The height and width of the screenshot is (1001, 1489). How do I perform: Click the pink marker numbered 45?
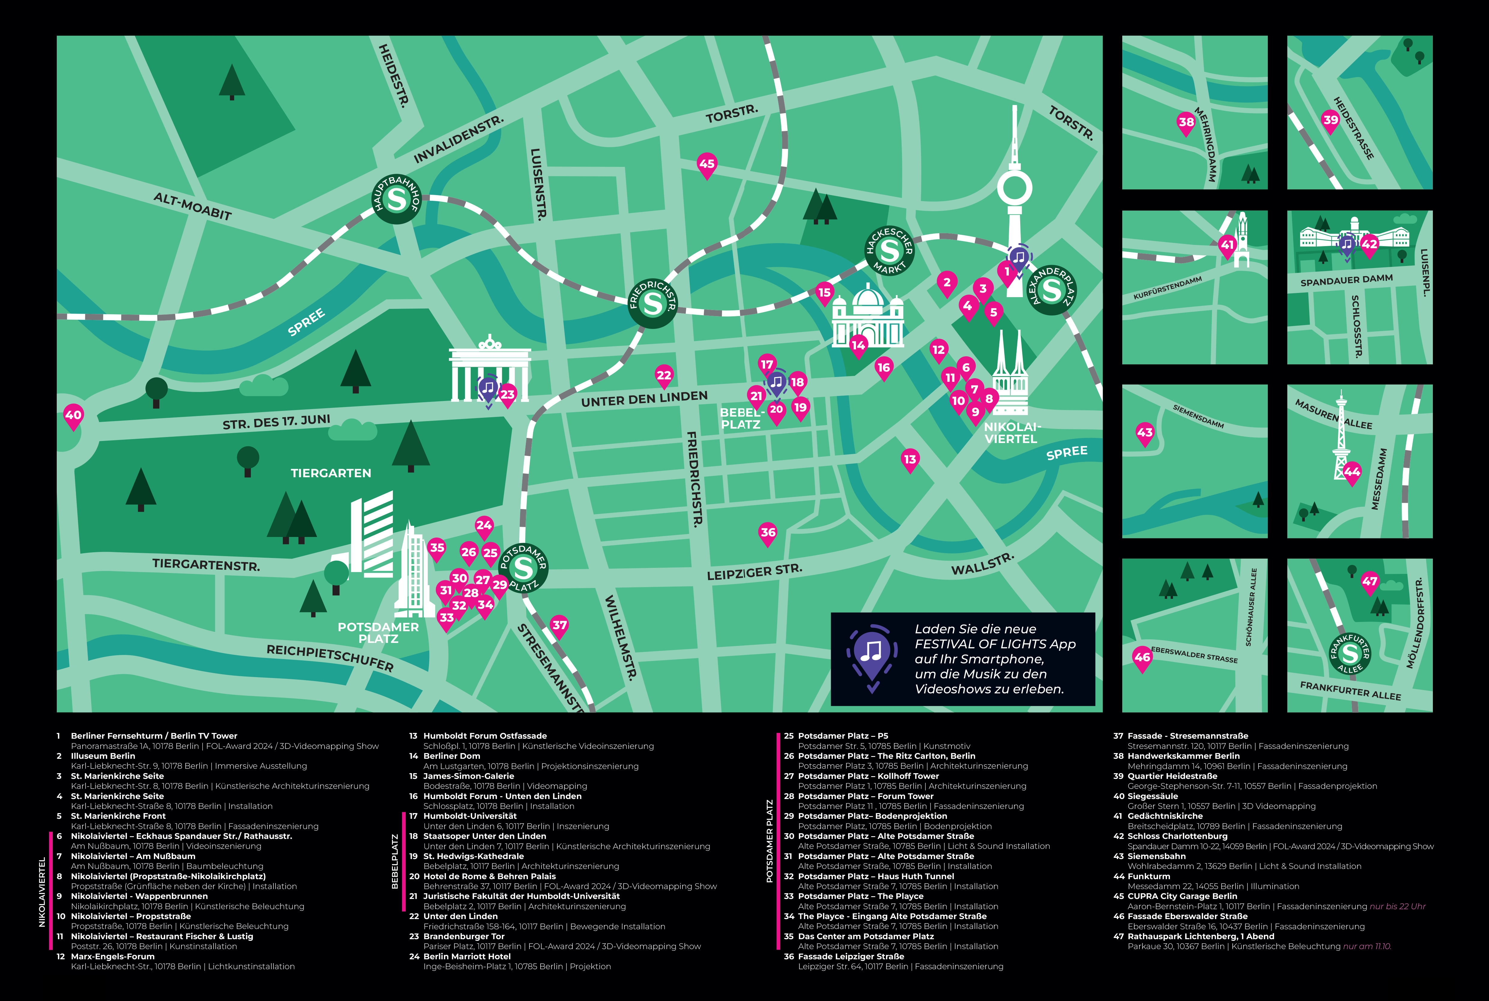[707, 164]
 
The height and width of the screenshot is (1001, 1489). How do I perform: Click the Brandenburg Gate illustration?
[490, 370]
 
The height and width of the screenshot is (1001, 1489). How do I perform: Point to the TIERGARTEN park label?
[330, 473]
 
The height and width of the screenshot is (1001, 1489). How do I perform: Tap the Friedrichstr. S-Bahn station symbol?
[652, 303]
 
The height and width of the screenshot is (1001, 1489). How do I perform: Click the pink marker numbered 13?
[909, 460]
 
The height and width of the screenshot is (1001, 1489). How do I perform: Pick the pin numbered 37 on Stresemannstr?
[559, 626]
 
